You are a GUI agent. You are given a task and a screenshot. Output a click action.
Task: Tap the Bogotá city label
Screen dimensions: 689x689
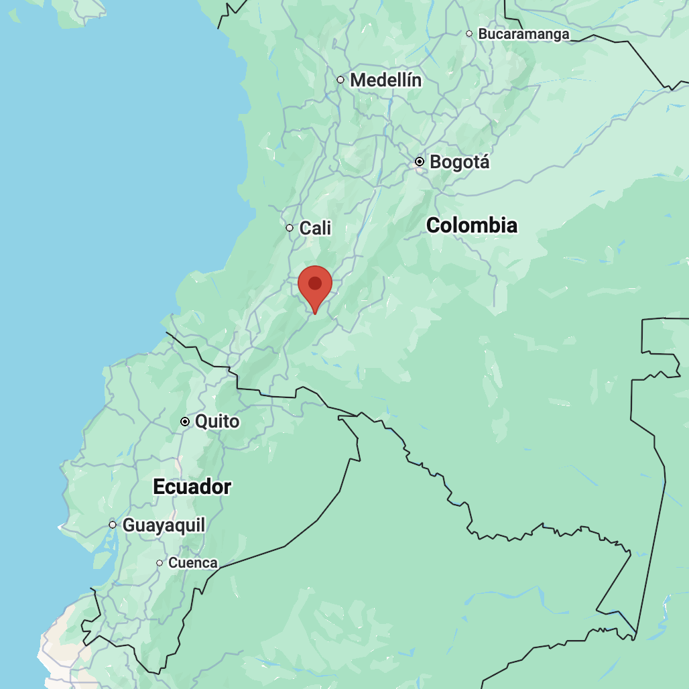[460, 162]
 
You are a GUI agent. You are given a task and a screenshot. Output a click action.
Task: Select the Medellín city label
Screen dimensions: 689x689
[386, 80]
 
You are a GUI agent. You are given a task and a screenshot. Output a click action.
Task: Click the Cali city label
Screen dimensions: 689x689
[316, 229]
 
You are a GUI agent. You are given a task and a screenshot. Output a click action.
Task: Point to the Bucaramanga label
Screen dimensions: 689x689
[523, 34]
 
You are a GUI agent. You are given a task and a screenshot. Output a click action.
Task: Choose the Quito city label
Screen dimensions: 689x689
[217, 422]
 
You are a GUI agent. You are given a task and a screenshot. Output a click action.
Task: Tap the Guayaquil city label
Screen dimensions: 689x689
[164, 525]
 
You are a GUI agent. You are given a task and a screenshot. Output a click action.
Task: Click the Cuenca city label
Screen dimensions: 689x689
[193, 564]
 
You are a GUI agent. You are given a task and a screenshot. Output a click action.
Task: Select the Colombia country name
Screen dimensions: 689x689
[472, 226]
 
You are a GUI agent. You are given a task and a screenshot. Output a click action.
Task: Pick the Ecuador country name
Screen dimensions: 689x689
[192, 487]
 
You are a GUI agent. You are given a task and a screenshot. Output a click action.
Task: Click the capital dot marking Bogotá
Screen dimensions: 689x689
[420, 162]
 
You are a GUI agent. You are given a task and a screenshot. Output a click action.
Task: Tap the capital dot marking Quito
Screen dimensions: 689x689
[185, 422]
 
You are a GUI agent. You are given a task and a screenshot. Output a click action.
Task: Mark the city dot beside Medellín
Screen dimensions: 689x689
[340, 80]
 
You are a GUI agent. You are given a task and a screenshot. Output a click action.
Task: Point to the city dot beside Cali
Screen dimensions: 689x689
[290, 228]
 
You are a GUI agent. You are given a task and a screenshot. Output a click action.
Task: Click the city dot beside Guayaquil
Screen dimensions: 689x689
[113, 525]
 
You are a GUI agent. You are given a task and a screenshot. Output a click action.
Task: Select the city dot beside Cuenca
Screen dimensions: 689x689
[160, 563]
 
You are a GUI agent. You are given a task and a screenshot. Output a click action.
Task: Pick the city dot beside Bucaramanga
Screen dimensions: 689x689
[469, 34]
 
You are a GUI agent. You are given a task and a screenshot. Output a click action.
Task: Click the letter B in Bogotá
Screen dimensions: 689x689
[436, 162]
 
